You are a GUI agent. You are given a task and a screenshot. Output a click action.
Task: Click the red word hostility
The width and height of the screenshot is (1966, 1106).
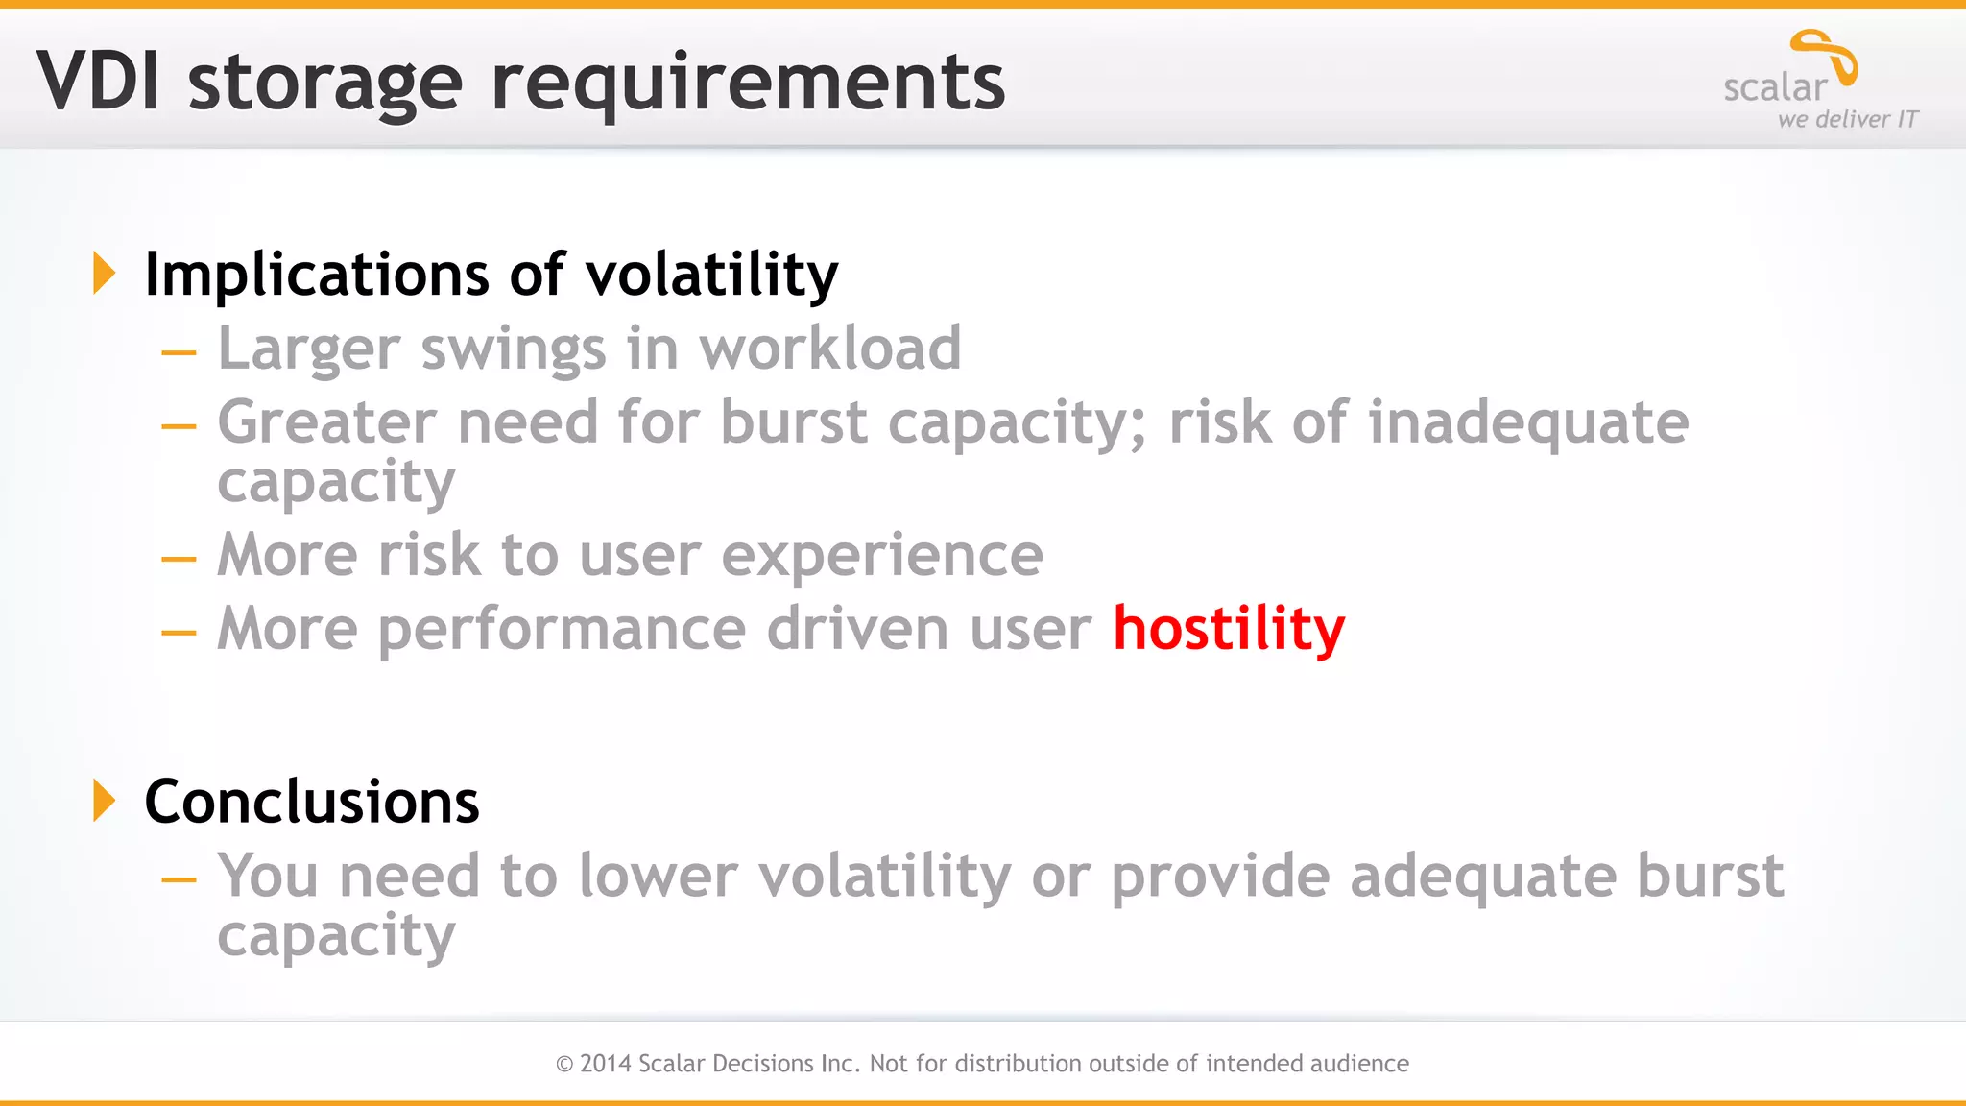[1228, 629]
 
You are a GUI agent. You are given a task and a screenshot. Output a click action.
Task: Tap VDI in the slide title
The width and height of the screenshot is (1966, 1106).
[97, 83]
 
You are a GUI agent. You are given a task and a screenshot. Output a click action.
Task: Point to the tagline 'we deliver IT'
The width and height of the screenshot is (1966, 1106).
[1847, 120]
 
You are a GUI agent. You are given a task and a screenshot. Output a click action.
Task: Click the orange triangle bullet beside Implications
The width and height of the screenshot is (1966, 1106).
[104, 274]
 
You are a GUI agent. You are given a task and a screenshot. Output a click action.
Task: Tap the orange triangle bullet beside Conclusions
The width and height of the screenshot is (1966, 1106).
[104, 801]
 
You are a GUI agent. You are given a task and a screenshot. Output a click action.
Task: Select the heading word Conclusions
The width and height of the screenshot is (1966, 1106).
[311, 802]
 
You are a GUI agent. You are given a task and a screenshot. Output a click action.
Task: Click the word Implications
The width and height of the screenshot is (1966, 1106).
[317, 275]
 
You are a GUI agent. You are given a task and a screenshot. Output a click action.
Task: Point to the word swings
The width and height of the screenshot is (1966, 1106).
[514, 349]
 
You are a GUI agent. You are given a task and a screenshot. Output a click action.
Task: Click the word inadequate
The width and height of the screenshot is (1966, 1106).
[1527, 422]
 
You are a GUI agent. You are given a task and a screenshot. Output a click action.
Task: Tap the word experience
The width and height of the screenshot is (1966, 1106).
[881, 555]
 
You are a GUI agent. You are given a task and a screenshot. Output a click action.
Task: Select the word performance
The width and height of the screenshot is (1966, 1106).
[562, 630]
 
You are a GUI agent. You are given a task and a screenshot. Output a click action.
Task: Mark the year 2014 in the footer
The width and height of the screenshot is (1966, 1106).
[605, 1064]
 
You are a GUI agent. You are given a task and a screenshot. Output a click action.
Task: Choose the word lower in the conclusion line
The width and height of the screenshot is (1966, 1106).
[658, 876]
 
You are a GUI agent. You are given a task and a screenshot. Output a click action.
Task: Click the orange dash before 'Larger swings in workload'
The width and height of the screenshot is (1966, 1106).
[179, 353]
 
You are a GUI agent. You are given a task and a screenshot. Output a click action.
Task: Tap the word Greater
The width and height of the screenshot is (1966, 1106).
[327, 422]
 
